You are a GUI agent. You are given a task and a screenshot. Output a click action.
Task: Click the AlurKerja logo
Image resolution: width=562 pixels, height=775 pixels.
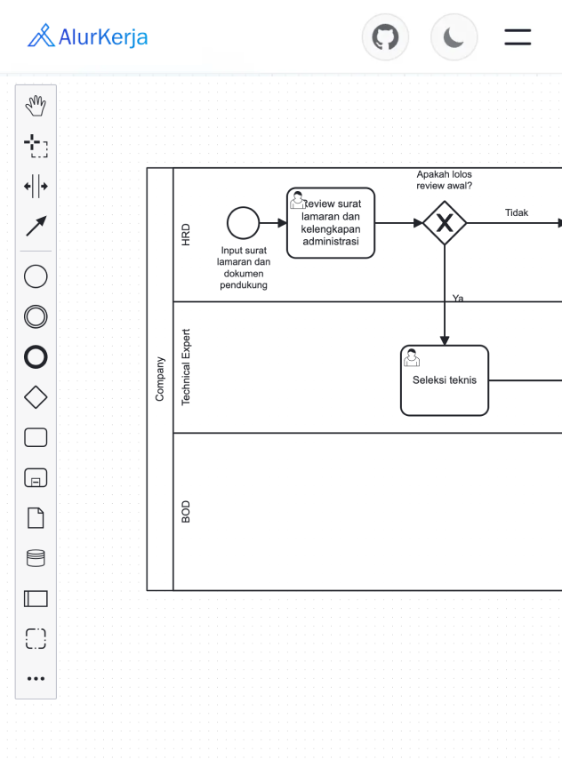(87, 36)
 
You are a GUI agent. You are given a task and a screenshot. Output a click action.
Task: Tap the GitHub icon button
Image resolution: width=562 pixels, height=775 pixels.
(385, 37)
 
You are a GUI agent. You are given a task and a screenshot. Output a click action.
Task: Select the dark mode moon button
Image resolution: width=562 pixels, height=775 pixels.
(454, 37)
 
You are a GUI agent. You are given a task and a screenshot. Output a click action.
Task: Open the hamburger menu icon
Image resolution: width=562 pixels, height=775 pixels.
(518, 37)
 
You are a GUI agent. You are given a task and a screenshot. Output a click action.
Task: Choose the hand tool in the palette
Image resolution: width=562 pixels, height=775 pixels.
(36, 107)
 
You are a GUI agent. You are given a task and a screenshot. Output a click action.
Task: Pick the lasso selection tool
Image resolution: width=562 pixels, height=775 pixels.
(36, 146)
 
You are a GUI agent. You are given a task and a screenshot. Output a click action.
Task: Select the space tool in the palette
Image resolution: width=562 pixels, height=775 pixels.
(36, 186)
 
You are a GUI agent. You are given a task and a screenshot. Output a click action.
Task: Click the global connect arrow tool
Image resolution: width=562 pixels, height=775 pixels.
(36, 226)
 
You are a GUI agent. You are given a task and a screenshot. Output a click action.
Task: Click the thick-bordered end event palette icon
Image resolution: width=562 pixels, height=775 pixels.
(36, 357)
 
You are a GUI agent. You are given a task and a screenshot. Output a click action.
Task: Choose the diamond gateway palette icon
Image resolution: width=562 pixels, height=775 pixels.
(36, 397)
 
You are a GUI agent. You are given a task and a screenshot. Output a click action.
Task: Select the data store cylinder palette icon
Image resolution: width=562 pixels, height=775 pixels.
(36, 558)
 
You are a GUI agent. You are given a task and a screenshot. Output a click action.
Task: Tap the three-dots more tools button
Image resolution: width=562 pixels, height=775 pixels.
(36, 678)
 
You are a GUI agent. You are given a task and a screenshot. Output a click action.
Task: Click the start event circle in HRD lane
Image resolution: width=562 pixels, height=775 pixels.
(243, 223)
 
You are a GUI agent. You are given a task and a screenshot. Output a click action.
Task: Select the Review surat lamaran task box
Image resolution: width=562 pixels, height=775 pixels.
(331, 223)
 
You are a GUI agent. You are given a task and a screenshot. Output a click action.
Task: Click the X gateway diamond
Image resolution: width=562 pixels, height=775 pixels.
(445, 223)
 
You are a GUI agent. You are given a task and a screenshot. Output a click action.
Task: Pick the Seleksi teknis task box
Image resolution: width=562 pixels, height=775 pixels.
(445, 380)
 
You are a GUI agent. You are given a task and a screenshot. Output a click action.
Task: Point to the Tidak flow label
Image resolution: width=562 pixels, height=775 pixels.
(517, 212)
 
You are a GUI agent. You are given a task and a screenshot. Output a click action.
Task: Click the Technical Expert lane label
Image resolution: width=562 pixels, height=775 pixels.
(186, 367)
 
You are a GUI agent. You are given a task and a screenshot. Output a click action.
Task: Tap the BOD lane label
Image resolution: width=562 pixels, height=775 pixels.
(186, 511)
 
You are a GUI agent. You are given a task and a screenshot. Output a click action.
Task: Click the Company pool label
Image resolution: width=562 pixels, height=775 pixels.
(160, 379)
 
